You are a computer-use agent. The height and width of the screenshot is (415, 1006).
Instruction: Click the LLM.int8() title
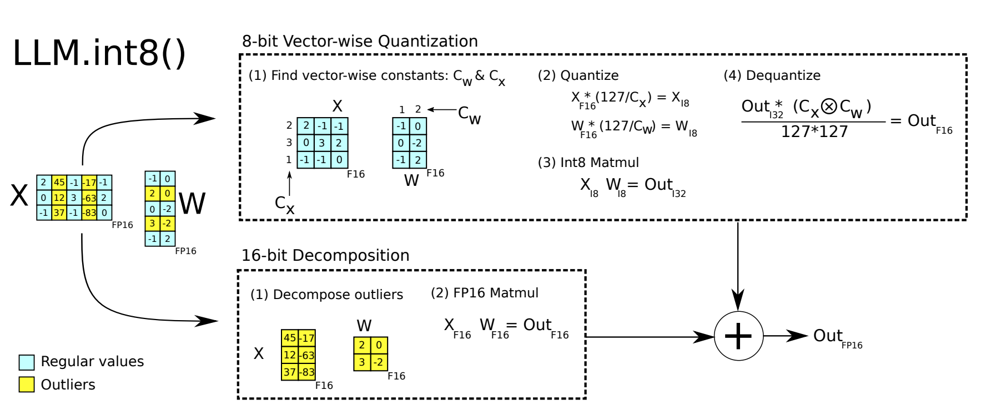tap(99, 53)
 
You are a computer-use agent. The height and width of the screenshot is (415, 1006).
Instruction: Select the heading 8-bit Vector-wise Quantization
tap(360, 41)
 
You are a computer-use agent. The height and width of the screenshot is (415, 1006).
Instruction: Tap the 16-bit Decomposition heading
tap(325, 255)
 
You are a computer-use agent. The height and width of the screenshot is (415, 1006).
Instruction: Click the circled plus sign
tap(738, 336)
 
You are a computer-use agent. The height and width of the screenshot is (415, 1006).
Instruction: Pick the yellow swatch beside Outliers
tap(27, 384)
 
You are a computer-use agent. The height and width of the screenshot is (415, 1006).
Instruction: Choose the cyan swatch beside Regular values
tap(27, 362)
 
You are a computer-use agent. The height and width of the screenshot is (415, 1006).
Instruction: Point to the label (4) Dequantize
tap(772, 75)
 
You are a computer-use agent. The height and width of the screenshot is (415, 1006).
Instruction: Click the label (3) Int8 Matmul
tap(588, 163)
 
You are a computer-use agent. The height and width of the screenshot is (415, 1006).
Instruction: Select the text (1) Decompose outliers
tap(326, 295)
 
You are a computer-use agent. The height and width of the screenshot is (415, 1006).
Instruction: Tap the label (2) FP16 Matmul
tap(485, 293)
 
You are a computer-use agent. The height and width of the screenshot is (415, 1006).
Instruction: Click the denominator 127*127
tap(814, 131)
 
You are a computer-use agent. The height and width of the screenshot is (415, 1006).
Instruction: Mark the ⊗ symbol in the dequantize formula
tap(829, 106)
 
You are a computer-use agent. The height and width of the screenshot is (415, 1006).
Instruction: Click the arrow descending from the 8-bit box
tap(738, 266)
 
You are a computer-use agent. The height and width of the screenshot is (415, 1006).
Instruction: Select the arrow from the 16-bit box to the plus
tap(650, 337)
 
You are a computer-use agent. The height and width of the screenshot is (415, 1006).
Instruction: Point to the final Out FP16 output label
tap(838, 337)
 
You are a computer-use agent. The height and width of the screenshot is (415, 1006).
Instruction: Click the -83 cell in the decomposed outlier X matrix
tap(307, 372)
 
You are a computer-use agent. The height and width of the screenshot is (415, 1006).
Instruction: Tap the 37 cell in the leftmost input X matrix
tap(59, 212)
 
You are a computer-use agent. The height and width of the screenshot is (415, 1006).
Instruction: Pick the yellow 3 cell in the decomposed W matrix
tap(362, 362)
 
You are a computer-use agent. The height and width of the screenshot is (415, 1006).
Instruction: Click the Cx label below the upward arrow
tap(285, 204)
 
